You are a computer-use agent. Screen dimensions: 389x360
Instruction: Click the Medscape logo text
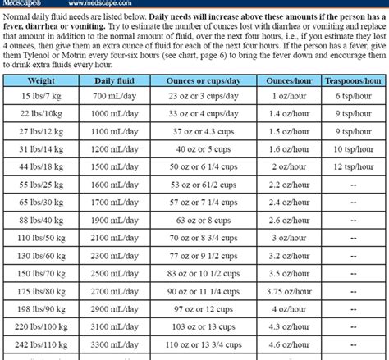tap(18, 4)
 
